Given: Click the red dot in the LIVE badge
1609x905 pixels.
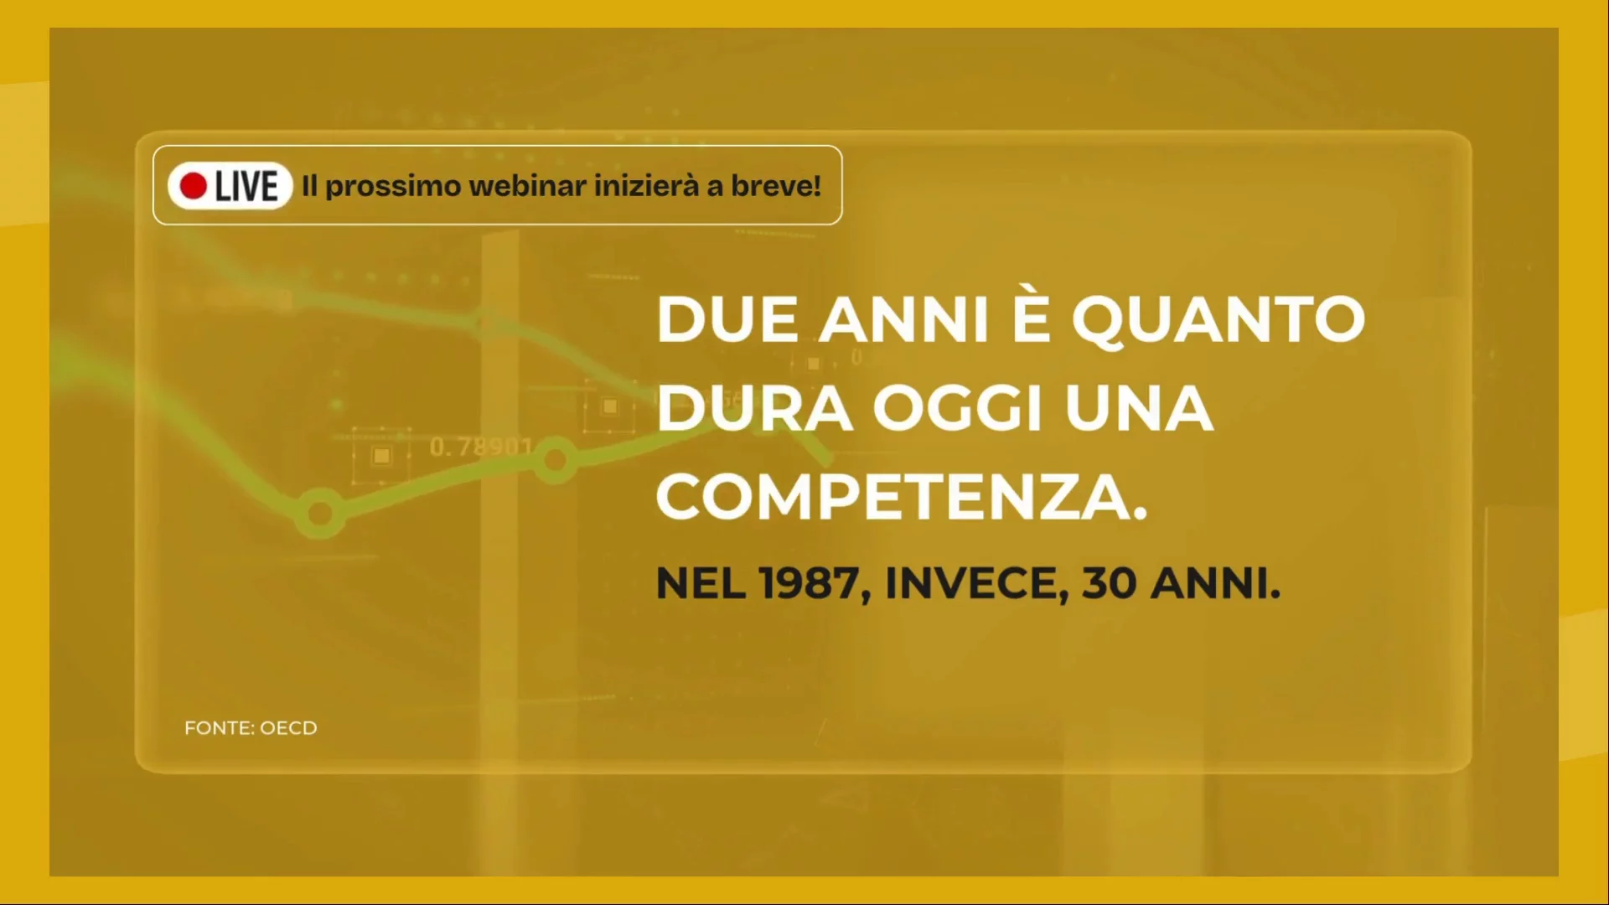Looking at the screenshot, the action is tap(194, 186).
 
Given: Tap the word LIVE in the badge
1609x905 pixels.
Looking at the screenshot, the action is tap(246, 186).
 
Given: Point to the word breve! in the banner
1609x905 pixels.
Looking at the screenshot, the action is tap(776, 185).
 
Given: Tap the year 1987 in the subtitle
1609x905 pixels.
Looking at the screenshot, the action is tap(810, 583).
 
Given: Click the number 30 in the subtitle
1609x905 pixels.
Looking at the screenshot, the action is tap(1109, 583).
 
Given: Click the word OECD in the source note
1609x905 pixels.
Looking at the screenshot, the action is tap(288, 728).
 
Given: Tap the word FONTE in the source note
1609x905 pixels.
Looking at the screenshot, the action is tap(217, 728).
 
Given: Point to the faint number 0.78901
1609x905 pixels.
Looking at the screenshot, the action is tap(480, 447).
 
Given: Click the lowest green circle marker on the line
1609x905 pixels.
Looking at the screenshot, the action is tap(320, 512).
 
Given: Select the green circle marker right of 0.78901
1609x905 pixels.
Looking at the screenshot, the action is tap(555, 460).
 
